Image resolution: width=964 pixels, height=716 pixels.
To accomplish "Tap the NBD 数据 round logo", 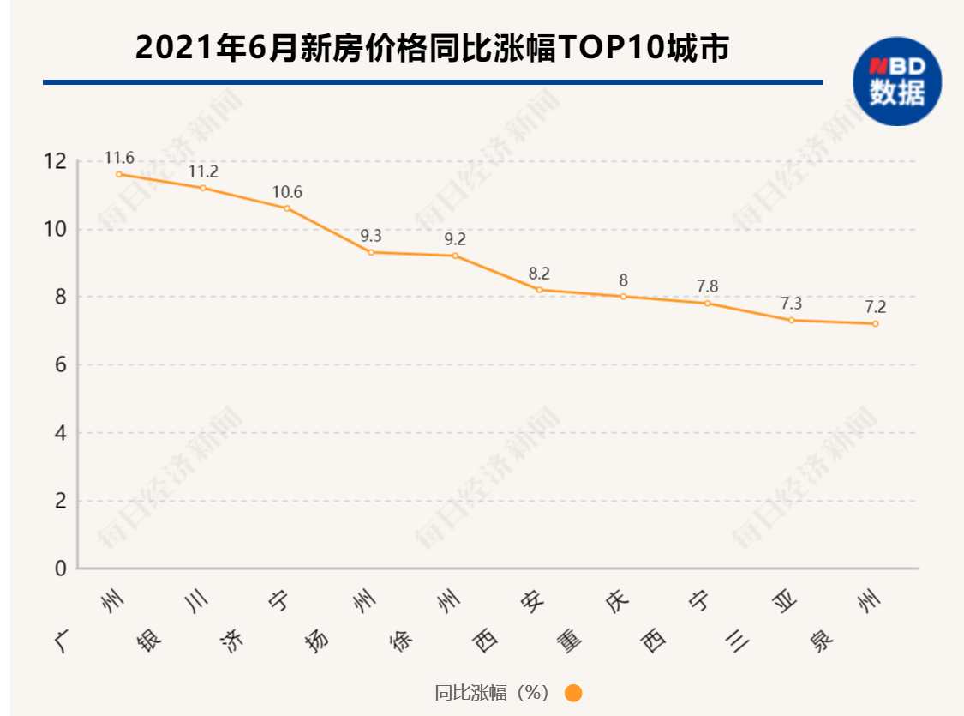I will point(896,81).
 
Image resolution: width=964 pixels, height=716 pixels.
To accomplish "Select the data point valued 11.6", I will point(119,174).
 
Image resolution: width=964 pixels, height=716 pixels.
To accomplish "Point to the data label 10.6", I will point(287,192).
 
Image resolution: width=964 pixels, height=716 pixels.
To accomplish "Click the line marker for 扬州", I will point(371,252).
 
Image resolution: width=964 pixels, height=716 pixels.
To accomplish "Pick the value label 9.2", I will point(455,239).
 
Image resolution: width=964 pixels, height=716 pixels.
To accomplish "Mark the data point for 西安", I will point(539,290).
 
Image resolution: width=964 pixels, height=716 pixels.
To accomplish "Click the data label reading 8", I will point(623,280).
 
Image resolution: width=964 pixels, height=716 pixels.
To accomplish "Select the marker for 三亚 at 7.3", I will point(791,320).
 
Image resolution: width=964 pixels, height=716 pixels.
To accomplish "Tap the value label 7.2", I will point(875,307).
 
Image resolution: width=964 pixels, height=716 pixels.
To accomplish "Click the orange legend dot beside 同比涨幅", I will point(573,693).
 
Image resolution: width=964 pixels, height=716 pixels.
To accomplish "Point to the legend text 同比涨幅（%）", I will point(492,693).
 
